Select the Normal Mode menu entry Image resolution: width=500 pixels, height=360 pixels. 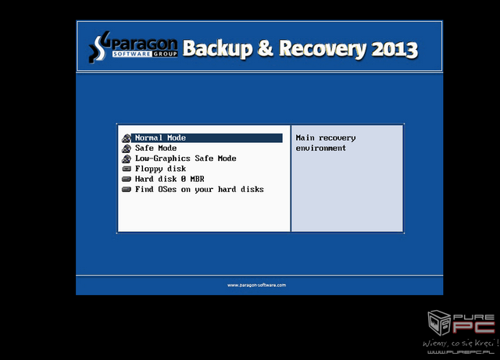tap(160, 137)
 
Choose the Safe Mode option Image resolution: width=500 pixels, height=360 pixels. tap(155, 148)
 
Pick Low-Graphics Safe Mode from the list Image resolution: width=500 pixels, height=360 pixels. tap(186, 159)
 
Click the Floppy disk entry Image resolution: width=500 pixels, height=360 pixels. tap(160, 169)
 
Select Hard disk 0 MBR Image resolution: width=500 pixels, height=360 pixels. tap(170, 179)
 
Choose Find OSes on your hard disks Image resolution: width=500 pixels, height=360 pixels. tap(199, 190)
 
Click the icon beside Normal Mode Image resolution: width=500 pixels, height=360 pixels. tap(127, 138)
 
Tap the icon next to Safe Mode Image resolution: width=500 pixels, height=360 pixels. tap(127, 148)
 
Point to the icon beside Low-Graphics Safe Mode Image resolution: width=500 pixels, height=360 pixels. tap(127, 159)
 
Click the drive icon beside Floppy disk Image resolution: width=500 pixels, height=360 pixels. tap(127, 169)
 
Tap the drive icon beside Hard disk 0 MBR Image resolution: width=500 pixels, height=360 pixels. tap(127, 179)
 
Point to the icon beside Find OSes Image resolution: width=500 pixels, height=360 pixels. tap(127, 190)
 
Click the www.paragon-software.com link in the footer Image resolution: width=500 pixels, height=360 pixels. tap(257, 285)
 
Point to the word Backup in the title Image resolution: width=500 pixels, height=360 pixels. tap(217, 48)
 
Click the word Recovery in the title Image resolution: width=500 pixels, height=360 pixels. tap(323, 49)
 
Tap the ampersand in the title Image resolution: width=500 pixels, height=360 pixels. tap(266, 48)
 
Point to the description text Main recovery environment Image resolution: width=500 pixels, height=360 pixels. tap(326, 143)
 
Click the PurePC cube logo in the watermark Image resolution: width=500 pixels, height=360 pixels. tap(439, 323)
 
